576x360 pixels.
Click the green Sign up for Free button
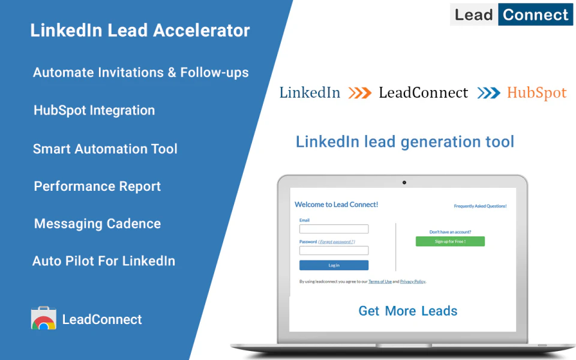point(450,241)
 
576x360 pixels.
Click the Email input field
point(334,229)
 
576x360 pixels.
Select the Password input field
point(334,250)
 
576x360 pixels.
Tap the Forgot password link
point(336,241)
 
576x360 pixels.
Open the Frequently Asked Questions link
point(480,206)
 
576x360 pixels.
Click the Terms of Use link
point(380,281)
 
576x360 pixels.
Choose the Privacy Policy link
point(412,281)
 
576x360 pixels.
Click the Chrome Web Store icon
point(43,319)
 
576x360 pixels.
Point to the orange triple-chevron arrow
point(360,93)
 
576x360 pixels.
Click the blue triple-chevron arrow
point(488,93)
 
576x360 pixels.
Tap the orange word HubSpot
point(536,93)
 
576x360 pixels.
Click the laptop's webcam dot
point(404,182)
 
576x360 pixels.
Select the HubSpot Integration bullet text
point(94,110)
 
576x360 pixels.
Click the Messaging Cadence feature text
point(97,224)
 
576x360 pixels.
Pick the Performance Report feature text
point(97,186)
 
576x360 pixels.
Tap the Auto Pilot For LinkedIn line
point(104,261)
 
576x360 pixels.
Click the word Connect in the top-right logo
point(535,14)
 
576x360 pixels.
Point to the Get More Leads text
point(408,311)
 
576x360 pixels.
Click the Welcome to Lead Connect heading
point(336,205)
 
